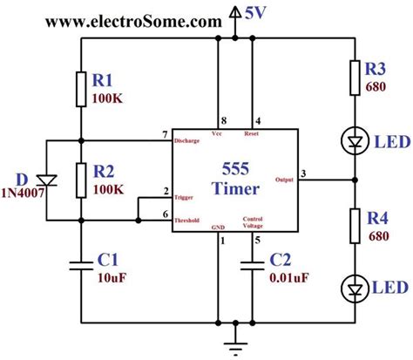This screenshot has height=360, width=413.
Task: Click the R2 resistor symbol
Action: pos(80,180)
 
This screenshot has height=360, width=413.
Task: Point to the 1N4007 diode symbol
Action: pos(48,180)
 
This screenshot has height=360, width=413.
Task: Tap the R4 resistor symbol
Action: pos(354,225)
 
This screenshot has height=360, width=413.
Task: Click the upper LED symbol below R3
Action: pos(354,139)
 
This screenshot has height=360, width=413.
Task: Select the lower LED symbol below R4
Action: pos(354,288)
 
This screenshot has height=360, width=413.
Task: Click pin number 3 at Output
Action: pos(303,173)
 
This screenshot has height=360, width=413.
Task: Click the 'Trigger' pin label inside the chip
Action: pos(184,198)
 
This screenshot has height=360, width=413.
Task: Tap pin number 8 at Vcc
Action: pos(226,119)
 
